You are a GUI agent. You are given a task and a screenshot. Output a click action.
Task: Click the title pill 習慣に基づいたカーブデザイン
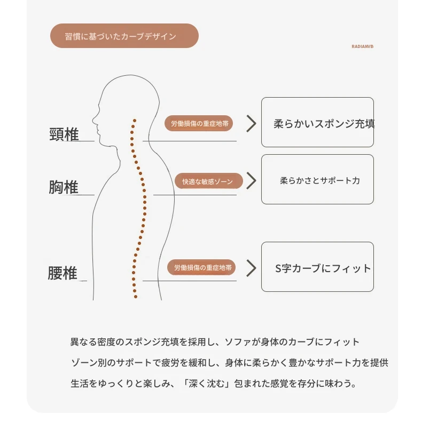tap(124, 36)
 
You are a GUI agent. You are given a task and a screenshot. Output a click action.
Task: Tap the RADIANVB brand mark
tap(362, 46)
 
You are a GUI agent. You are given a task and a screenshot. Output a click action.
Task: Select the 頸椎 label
tap(64, 134)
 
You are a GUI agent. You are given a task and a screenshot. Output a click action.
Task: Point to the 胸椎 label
tap(64, 187)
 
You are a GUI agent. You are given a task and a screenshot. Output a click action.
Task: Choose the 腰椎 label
tap(62, 273)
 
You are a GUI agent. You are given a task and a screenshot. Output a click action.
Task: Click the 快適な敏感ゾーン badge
tap(209, 181)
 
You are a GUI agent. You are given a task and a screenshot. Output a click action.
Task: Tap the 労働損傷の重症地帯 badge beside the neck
tap(199, 123)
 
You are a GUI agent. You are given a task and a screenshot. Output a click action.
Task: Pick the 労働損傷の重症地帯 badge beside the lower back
tap(201, 267)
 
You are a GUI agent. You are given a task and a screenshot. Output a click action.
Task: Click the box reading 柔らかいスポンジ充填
tap(317, 122)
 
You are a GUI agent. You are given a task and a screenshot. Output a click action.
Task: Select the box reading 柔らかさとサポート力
tap(317, 179)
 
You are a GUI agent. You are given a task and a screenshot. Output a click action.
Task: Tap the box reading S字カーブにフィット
tap(317, 267)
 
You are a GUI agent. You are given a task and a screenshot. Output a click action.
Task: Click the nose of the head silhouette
tap(93, 120)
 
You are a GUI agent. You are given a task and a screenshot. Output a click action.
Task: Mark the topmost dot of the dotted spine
tap(135, 121)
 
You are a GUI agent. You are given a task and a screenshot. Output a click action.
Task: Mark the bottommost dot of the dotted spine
tap(136, 297)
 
